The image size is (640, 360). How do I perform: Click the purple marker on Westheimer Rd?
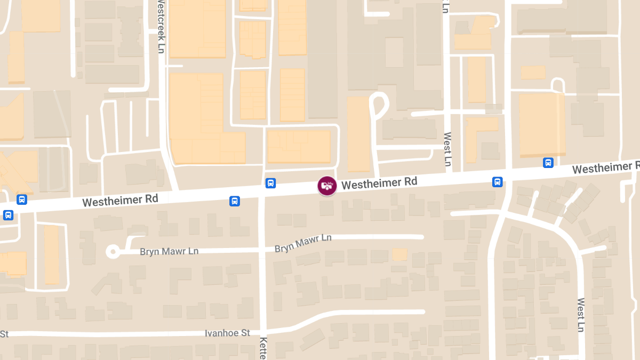coord(327,186)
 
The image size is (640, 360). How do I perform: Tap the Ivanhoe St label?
coord(227,333)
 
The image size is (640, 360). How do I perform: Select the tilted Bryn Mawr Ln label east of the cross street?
coord(303,243)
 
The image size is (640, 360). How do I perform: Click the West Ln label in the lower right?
coord(581,315)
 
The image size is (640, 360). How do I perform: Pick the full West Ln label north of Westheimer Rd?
coord(447,149)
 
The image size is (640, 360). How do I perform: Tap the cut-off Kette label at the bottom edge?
coord(263,348)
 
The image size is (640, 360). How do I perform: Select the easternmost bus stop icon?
coord(548,163)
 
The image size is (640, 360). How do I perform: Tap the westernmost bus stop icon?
coord(8,215)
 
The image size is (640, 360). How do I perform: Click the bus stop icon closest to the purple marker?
coord(270,183)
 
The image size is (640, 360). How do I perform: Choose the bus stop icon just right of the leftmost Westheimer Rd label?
coord(234,201)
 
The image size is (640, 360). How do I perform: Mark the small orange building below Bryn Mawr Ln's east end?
coord(399,254)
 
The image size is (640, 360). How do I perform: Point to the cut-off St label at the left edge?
coord(4,334)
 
